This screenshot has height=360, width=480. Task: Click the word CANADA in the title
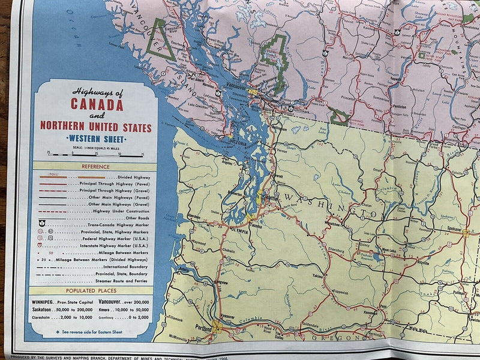coord(97,104)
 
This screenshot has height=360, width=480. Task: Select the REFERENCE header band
coord(95,167)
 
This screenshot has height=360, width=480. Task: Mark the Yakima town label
coord(318,277)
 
